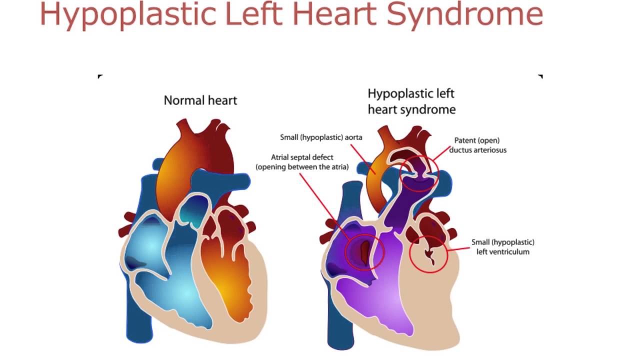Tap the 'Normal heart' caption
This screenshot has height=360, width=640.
(200, 100)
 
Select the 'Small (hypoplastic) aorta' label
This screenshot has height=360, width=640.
(321, 137)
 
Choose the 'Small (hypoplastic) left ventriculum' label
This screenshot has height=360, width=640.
(502, 247)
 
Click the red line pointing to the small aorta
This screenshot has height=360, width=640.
(361, 155)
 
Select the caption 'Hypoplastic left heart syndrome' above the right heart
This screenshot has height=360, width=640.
(411, 101)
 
